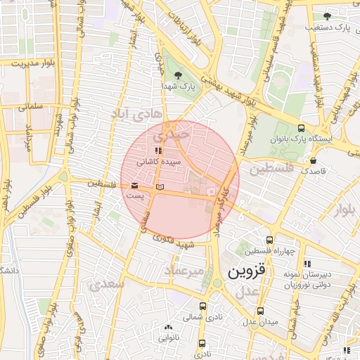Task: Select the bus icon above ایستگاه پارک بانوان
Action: pos(301,128)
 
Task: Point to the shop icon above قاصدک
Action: pos(312,161)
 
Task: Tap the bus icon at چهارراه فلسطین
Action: pos(269,240)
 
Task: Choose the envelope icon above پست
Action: pos(134,184)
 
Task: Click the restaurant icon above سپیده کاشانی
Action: pos(158,150)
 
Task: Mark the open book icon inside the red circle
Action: pos(160,187)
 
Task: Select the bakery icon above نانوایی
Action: pos(167,328)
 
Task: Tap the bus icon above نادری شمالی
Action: pos(203,306)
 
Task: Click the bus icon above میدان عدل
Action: pos(260,311)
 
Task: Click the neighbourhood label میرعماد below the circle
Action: pos(184,270)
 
